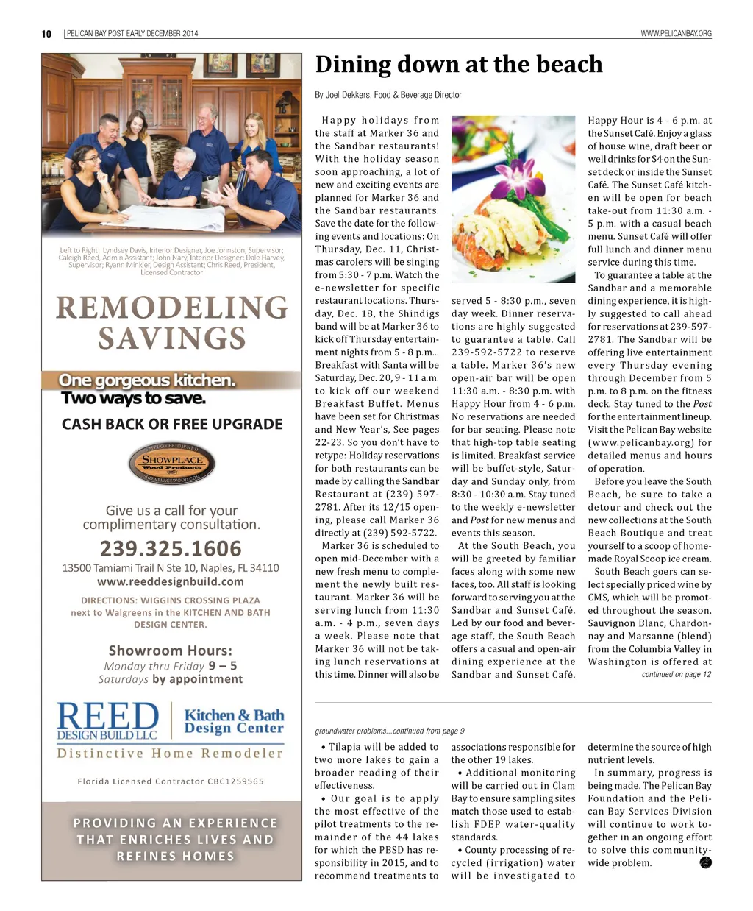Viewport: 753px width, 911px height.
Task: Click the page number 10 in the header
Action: click(x=46, y=34)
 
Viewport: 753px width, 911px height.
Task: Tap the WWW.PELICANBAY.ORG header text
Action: click(x=676, y=34)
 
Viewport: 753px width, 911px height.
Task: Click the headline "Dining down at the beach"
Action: click(x=459, y=65)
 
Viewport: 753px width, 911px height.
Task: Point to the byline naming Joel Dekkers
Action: click(x=388, y=95)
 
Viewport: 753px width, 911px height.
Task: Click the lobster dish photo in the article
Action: click(x=513, y=202)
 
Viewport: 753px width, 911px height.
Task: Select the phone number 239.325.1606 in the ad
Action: click(x=171, y=549)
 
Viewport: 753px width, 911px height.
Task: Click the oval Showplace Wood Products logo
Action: click(x=171, y=464)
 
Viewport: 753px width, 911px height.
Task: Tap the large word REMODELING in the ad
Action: click(x=172, y=308)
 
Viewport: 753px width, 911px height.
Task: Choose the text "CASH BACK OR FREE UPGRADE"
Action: click(x=172, y=425)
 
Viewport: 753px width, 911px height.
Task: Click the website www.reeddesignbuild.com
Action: click(x=171, y=581)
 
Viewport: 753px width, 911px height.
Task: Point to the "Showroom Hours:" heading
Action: click(x=171, y=651)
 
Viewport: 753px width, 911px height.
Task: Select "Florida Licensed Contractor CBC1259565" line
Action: click(x=171, y=781)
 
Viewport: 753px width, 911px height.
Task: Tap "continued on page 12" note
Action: click(x=676, y=675)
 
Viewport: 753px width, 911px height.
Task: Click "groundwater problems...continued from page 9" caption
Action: click(x=390, y=731)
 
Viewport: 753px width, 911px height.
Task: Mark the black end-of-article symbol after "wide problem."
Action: click(x=705, y=862)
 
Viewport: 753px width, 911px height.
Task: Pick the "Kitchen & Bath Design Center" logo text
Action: click(x=234, y=721)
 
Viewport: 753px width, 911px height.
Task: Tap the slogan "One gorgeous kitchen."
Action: click(x=147, y=380)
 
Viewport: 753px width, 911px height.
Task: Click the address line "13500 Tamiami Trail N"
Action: click(x=171, y=568)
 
